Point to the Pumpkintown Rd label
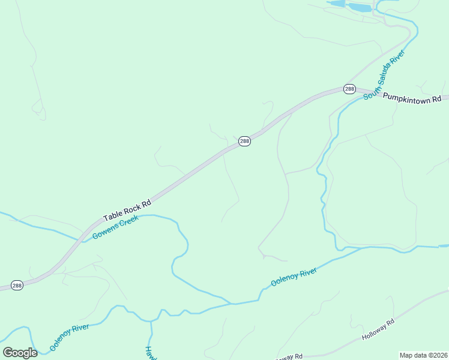(x=411, y=97)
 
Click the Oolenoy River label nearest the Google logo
(x=70, y=337)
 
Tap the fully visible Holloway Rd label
(x=378, y=331)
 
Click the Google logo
(x=20, y=353)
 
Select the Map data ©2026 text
(x=423, y=355)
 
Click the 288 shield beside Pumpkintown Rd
(x=349, y=89)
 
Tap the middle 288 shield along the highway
(x=244, y=141)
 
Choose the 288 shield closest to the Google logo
(x=17, y=286)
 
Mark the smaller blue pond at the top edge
(x=337, y=4)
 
